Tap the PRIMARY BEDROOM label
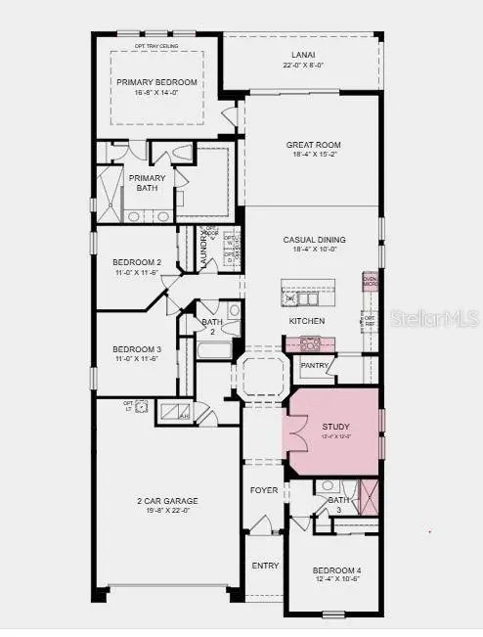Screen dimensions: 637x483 (156, 82)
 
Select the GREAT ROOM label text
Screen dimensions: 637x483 (312, 146)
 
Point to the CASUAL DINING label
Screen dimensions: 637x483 (313, 240)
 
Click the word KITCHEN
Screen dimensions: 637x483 (306, 321)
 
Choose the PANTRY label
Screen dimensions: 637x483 (315, 366)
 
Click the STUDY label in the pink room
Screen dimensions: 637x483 (335, 427)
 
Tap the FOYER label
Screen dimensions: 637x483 (264, 490)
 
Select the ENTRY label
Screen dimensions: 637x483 (265, 566)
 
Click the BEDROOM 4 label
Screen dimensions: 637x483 (336, 570)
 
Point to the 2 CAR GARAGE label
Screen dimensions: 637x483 (166, 501)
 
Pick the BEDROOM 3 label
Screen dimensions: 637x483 (136, 349)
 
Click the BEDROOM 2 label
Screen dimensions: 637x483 (136, 263)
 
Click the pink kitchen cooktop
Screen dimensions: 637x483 (310, 343)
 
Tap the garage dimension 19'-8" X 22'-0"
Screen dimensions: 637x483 (166, 511)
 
